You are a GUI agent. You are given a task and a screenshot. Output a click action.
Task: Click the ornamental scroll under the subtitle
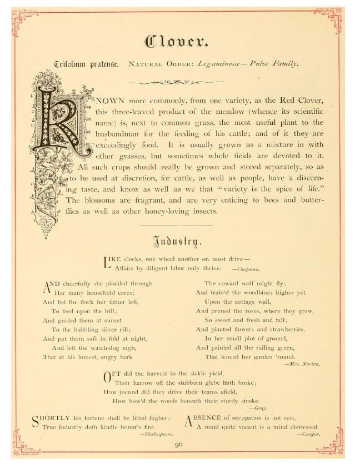click(176, 83)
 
